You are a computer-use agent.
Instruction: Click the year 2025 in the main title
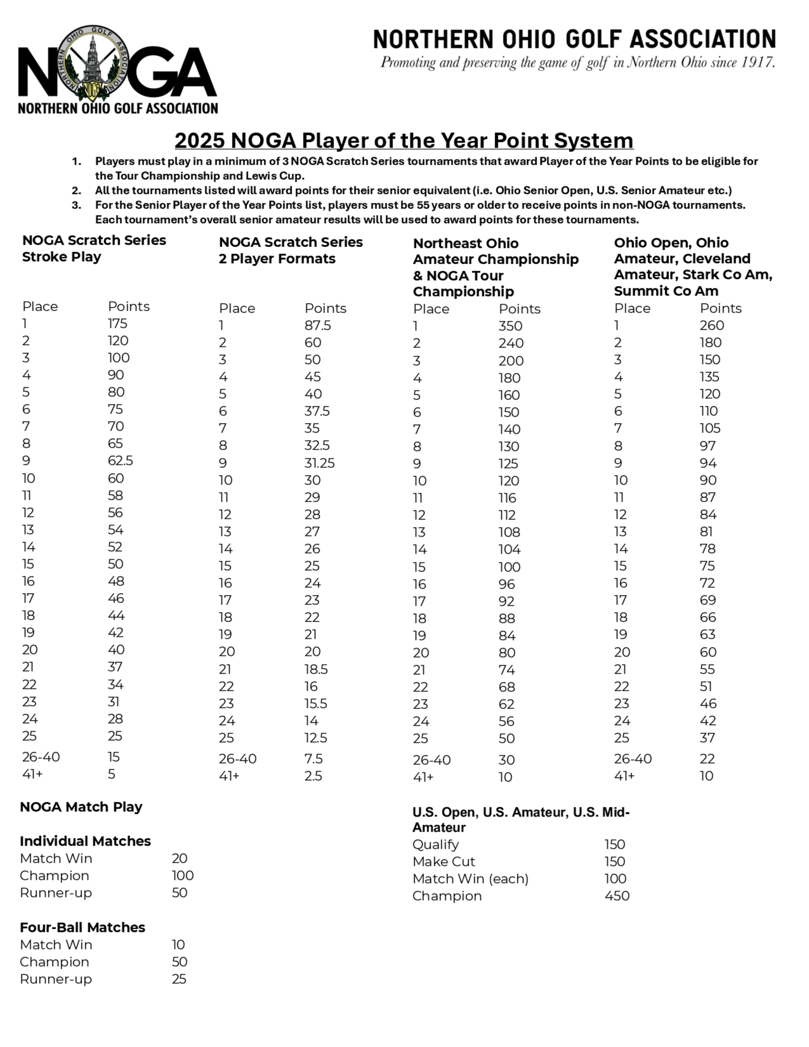coord(199,140)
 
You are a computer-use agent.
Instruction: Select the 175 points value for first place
coord(117,324)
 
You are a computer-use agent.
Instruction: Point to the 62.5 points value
coord(120,461)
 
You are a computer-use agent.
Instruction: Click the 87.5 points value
coord(317,326)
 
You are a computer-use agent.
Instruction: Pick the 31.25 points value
coord(319,463)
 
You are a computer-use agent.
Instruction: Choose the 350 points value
coord(510,326)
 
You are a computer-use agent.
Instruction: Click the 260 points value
coord(711,326)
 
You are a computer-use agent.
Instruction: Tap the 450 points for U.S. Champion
coord(617,896)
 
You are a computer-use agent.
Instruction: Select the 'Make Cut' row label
coord(443,861)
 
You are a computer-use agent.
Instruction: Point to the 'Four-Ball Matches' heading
coord(83,928)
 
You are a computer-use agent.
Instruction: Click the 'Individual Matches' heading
coord(85,841)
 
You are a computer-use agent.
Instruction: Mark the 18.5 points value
coord(316,669)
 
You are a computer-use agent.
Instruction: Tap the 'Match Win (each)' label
coord(470,879)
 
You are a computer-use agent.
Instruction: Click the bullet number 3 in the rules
coord(76,205)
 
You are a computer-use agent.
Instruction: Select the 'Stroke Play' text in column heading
coord(61,257)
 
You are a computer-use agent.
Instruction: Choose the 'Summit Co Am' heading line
coord(666,291)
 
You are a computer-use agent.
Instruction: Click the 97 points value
coord(707,446)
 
